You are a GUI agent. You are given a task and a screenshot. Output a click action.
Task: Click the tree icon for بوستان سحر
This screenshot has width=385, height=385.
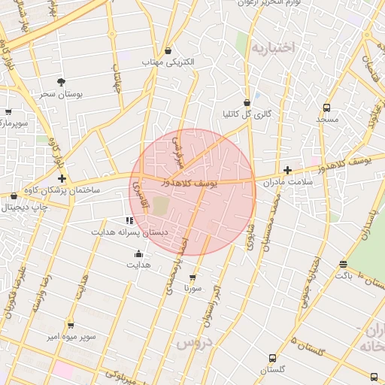61,82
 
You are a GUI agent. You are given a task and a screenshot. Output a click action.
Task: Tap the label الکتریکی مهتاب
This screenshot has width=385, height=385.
169,62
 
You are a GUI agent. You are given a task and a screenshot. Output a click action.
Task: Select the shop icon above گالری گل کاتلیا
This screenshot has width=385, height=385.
247,102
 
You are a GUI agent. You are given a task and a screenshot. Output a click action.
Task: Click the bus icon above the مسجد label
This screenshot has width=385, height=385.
326,108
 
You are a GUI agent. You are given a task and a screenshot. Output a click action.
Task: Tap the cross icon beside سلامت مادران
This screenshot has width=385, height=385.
288,171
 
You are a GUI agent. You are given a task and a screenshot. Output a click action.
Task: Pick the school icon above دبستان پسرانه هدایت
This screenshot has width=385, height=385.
129,220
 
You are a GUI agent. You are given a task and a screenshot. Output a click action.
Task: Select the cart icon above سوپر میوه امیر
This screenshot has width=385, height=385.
71,325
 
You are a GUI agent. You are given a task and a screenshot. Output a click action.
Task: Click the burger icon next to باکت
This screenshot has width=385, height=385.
344,264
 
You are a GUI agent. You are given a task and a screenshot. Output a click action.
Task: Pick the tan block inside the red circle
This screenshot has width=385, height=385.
161,205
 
